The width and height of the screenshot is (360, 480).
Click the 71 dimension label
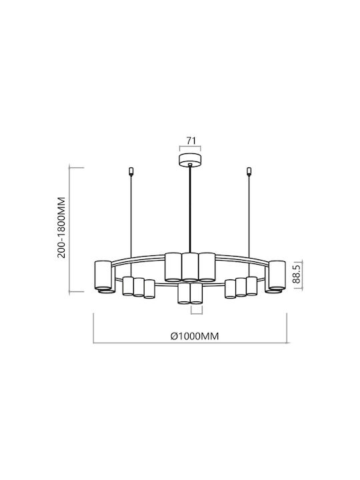click(191, 141)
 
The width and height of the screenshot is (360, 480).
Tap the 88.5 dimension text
click(297, 275)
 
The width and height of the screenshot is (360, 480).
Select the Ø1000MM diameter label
click(195, 336)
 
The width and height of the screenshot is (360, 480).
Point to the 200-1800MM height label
click(62, 227)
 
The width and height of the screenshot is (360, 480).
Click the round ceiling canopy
click(190, 160)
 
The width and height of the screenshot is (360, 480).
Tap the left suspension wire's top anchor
click(131, 172)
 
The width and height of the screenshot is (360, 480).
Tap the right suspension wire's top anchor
click(249, 172)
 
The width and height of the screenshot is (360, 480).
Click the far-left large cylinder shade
click(103, 275)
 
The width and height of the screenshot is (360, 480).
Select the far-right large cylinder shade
click(277, 275)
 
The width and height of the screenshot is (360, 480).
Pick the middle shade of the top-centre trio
click(190, 267)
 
